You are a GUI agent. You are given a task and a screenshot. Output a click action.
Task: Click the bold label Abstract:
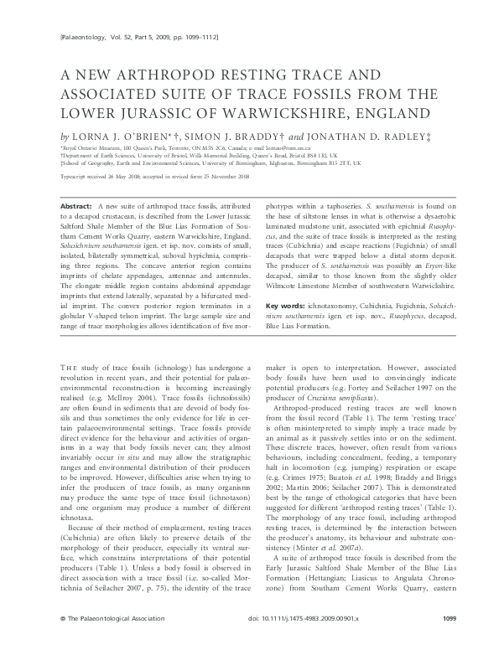(x=79, y=205)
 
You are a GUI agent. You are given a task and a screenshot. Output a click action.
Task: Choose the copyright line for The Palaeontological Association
(x=100, y=641)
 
